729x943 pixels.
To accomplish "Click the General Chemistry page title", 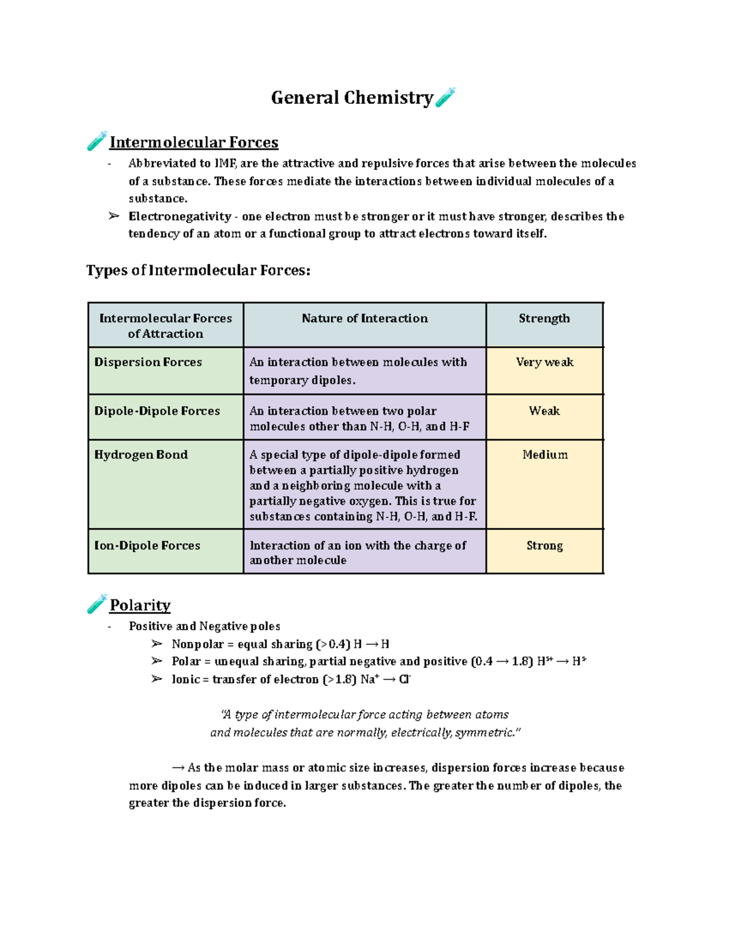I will (352, 98).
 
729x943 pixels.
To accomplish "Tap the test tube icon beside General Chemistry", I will (445, 97).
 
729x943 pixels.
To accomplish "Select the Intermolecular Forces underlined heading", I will (194, 143).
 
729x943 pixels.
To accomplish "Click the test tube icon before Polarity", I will (97, 604).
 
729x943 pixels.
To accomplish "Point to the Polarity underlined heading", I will (140, 605).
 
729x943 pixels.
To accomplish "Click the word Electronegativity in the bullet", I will (180, 217).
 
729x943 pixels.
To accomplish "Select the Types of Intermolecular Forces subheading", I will (198, 270).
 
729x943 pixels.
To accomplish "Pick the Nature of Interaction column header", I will (364, 319).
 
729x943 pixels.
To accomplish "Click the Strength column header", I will (544, 319).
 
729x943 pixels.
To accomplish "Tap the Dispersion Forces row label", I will (148, 363).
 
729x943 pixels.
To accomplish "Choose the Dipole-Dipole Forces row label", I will (157, 411).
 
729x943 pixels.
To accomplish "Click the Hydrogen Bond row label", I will (141, 455).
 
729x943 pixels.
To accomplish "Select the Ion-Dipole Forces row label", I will (147, 546).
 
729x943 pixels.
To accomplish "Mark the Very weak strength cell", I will (544, 363).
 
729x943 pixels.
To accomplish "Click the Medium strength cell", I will (545, 455).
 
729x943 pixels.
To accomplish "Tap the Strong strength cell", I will (544, 546).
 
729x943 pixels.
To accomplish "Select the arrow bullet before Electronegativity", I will (114, 216).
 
